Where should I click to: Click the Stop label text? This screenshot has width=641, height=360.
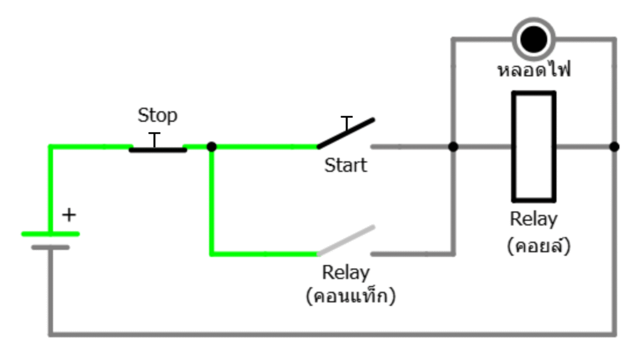pyautogui.click(x=157, y=116)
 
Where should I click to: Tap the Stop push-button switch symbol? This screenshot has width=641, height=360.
pyautogui.click(x=157, y=148)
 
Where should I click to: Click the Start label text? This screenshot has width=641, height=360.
pyautogui.click(x=346, y=166)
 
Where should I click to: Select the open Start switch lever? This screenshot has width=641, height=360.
pyautogui.click(x=346, y=133)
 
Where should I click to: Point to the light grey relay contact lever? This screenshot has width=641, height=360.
pyautogui.click(x=346, y=240)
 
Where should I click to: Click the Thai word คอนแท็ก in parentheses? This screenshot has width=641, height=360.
pyautogui.click(x=351, y=296)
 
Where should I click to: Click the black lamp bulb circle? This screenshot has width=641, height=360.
pyautogui.click(x=533, y=39)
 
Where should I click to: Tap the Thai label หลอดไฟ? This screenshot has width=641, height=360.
pyautogui.click(x=533, y=70)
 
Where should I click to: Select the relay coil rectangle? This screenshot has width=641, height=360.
pyautogui.click(x=533, y=147)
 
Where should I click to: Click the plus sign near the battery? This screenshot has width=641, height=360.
pyautogui.click(x=69, y=215)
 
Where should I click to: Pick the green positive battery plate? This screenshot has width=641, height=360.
pyautogui.click(x=50, y=234)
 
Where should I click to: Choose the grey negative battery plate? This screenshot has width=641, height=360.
pyautogui.click(x=50, y=247)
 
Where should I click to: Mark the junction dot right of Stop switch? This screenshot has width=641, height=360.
pyautogui.click(x=212, y=147)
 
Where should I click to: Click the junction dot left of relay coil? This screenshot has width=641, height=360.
pyautogui.click(x=453, y=147)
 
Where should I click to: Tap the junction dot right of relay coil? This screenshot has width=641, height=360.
pyautogui.click(x=614, y=147)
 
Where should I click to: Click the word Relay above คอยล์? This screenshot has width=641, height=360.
pyautogui.click(x=533, y=220)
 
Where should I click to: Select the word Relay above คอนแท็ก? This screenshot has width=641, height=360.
pyautogui.click(x=346, y=273)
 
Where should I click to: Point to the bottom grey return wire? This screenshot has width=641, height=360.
pyautogui.click(x=332, y=334)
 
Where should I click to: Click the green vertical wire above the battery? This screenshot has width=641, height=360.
pyautogui.click(x=50, y=188)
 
